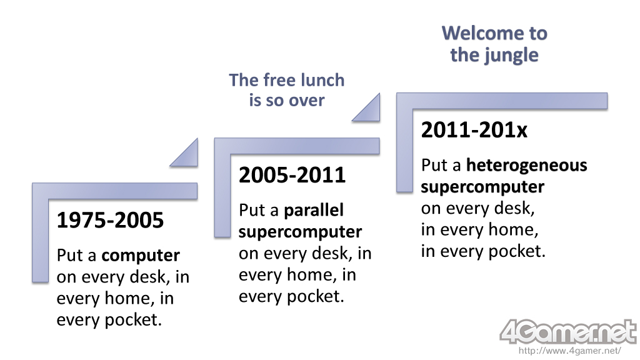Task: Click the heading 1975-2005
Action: pos(110,220)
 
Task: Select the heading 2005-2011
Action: pos(292,175)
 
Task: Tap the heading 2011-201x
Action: pos(474,130)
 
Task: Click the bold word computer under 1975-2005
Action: pos(141,256)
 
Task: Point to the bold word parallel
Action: pos(314,210)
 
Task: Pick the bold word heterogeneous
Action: pos(526,165)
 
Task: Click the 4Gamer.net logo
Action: pos(568,331)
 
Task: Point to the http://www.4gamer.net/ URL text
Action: pos(570,351)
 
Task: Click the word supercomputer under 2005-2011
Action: pos(301,232)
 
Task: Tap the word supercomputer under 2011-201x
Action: pos(482,187)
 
